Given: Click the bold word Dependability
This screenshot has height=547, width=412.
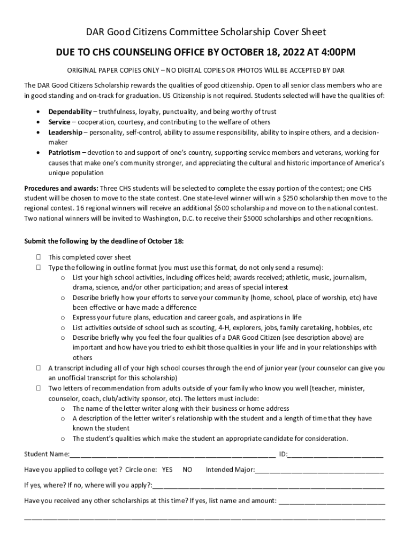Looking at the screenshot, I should click(x=70, y=112).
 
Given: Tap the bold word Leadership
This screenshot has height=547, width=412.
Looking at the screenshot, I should click(x=66, y=132).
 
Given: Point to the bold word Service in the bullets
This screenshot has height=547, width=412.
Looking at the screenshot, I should click(x=59, y=122).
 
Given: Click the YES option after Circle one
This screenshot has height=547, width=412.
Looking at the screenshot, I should click(x=167, y=470).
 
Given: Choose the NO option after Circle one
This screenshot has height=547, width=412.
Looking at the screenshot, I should click(x=187, y=470).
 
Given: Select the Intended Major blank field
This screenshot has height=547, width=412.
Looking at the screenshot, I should click(x=319, y=471).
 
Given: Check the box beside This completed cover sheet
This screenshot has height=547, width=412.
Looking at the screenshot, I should click(x=40, y=257).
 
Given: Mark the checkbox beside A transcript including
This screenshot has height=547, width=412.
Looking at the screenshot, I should click(x=40, y=368).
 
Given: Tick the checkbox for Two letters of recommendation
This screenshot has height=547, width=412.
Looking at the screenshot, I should click(x=40, y=388).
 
